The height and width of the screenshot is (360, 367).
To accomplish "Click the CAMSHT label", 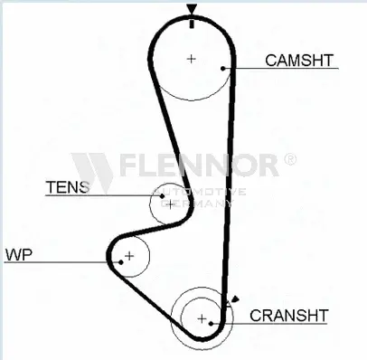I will [x=299, y=61].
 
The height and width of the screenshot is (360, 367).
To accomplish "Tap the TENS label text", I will [x=68, y=187].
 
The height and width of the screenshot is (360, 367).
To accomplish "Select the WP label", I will [x=18, y=254].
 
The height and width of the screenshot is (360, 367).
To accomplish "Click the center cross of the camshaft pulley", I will [x=191, y=59].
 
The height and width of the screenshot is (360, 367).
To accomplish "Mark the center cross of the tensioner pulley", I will [x=168, y=203].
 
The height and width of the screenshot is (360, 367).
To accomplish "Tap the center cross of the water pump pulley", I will [x=129, y=256].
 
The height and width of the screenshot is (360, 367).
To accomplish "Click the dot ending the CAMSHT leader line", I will [x=223, y=67].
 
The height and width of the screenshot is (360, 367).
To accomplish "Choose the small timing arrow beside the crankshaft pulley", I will [x=235, y=299].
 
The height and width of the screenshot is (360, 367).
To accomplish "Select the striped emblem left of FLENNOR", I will [x=90, y=166].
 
